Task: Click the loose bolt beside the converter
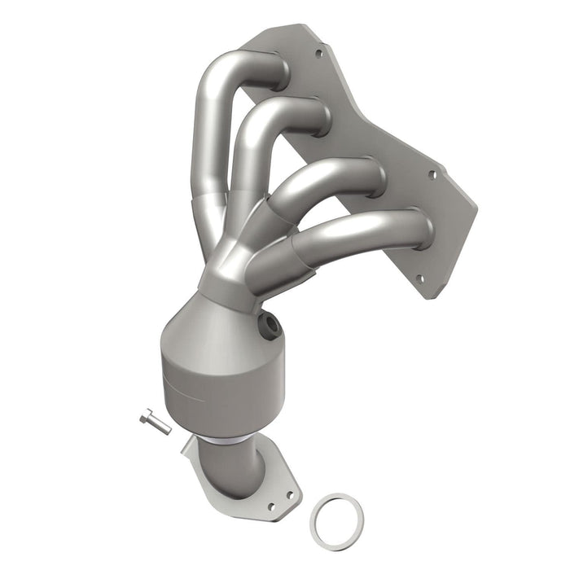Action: click(x=156, y=423)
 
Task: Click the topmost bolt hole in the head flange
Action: click(x=318, y=54)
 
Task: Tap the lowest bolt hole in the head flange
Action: click(x=421, y=278)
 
